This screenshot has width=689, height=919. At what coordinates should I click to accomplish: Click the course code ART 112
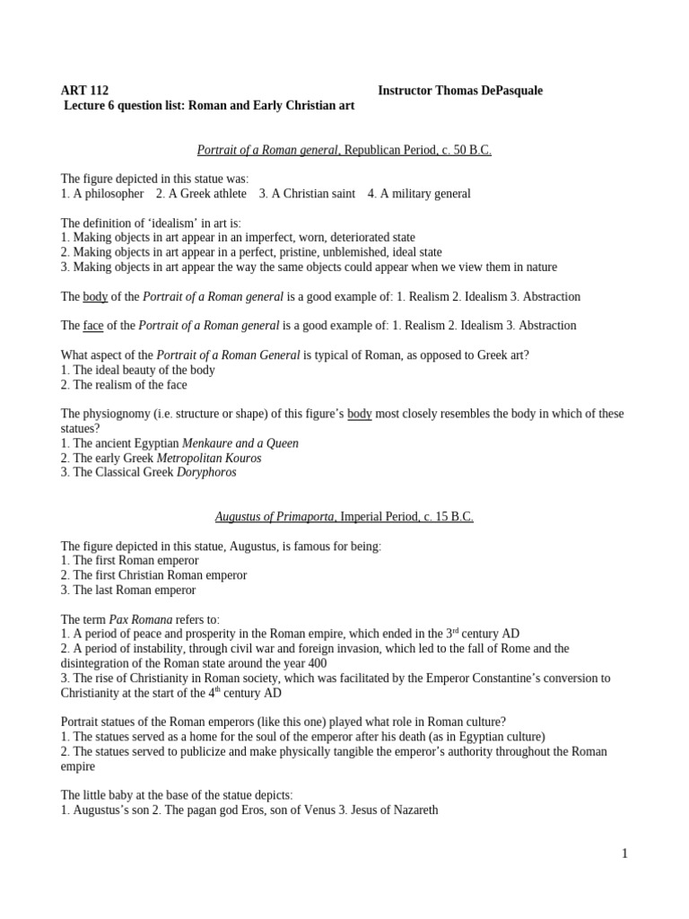84,91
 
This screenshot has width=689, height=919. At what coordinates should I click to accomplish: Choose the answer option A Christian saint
307,194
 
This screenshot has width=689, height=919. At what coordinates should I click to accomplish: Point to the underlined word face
93,325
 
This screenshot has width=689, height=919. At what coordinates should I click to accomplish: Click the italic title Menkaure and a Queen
240,443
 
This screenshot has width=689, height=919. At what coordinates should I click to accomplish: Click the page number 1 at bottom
624,853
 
